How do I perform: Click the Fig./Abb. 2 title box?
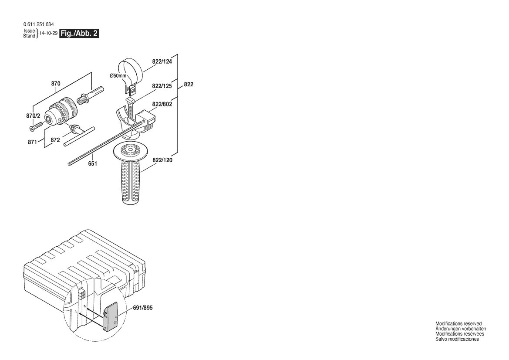(79, 34)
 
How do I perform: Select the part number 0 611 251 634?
(39, 24)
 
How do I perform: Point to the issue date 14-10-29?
(48, 34)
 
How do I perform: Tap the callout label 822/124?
(162, 61)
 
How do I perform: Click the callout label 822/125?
(162, 86)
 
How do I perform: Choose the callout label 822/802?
(162, 104)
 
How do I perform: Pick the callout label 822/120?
(162, 160)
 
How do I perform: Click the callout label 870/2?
(33, 116)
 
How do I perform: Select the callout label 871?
(32, 142)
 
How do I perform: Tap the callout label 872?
(55, 140)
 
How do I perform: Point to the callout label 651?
(92, 164)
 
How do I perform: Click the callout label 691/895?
(143, 308)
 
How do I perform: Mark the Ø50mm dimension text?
(118, 76)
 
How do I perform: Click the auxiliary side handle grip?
(132, 182)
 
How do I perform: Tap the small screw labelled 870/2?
(37, 126)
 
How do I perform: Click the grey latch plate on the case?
(110, 315)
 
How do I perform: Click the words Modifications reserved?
(458, 324)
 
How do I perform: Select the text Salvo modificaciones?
(457, 339)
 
